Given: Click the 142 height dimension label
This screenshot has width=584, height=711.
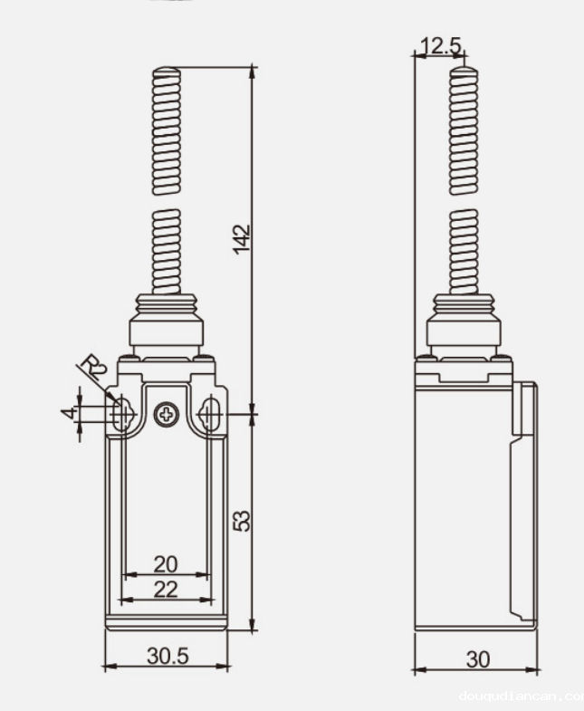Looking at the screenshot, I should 242,239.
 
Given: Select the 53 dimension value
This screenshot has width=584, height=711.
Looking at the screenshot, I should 242,521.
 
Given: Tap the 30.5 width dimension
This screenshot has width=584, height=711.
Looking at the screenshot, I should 168,656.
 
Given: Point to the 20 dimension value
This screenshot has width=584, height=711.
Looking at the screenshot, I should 166,563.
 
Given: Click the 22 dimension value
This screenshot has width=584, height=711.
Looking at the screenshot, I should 166,589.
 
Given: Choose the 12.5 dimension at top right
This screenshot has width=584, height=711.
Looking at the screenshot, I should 441,46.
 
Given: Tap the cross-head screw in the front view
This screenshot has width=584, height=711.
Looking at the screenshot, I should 167,415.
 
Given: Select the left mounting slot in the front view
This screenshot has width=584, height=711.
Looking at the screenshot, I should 122,415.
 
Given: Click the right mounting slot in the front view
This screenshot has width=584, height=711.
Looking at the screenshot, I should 211,415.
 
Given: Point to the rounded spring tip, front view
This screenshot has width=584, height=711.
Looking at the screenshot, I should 167,71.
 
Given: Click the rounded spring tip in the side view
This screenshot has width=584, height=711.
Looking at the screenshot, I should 464,71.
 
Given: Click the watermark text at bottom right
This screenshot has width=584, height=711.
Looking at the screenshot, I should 521,697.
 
